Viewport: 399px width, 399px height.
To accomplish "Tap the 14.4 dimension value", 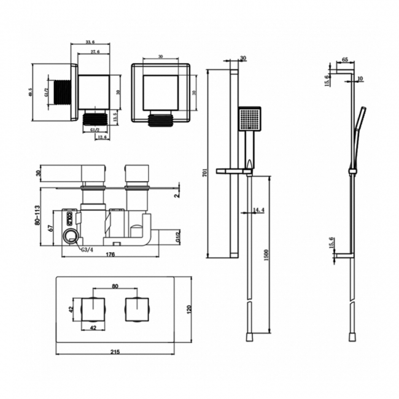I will [x=258, y=211].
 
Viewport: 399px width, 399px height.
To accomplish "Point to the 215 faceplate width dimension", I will [x=115, y=352].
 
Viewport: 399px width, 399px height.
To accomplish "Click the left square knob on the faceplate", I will [x=94, y=309].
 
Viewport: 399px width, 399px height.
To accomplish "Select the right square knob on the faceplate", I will [x=138, y=309].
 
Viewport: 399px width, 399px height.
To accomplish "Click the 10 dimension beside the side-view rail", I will [x=360, y=79].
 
